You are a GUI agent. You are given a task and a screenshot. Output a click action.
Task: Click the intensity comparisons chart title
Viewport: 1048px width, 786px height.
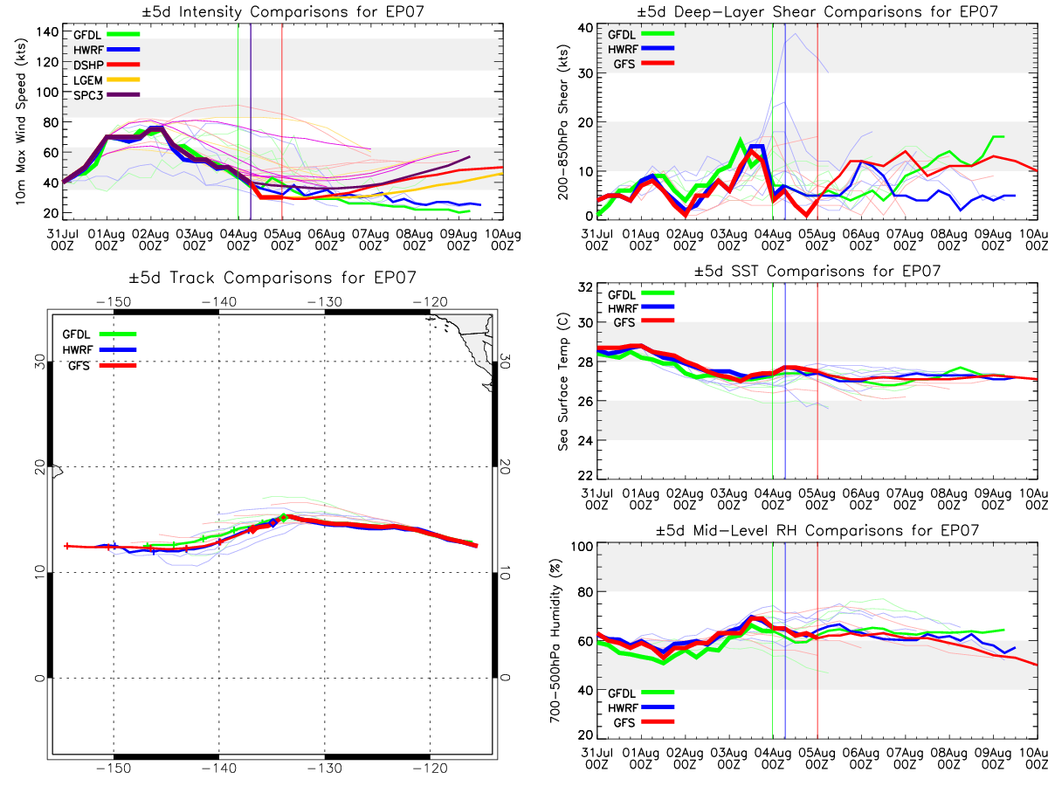(x=283, y=11)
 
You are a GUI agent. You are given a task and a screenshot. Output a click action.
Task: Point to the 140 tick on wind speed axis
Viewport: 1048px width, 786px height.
(x=47, y=32)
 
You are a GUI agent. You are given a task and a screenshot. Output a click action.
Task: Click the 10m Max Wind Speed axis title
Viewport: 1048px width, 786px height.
(x=21, y=121)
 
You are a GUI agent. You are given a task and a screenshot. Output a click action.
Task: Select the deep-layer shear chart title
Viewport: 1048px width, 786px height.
(x=817, y=11)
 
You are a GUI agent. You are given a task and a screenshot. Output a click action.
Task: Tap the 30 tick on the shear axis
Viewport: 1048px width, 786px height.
(x=585, y=73)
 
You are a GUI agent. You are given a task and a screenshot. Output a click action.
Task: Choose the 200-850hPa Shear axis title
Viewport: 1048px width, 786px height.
(x=563, y=122)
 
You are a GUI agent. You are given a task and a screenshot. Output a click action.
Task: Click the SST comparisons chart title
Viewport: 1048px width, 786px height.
(x=817, y=271)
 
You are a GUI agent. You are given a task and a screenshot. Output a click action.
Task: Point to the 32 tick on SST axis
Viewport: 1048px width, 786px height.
(x=585, y=287)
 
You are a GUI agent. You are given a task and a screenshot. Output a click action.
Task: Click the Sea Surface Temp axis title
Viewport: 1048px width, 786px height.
(x=563, y=382)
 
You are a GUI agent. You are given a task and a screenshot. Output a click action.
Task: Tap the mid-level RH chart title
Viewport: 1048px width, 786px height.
(x=817, y=530)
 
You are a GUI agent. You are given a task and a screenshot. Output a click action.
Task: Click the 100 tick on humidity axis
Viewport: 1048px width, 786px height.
(x=582, y=547)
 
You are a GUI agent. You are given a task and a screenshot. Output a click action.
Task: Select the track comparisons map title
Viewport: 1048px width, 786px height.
(x=272, y=277)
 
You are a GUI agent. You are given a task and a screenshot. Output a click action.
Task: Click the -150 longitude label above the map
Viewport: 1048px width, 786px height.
(x=114, y=301)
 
